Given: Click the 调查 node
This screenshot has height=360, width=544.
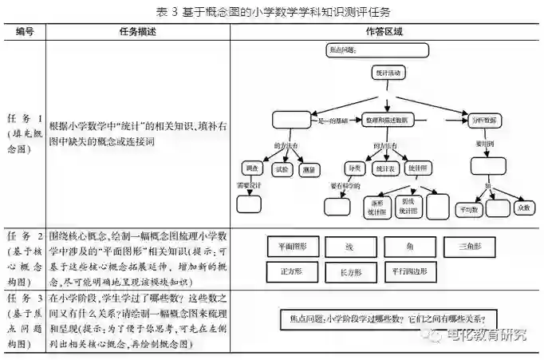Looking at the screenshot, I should [x=252, y=168].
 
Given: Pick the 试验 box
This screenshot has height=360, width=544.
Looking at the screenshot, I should [x=282, y=168].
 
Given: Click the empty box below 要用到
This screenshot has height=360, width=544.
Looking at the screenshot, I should [x=488, y=165].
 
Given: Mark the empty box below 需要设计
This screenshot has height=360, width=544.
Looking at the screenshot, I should [x=249, y=203].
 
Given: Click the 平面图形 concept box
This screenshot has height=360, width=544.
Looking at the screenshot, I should [x=292, y=247].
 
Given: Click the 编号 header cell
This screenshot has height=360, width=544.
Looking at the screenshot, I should [x=24, y=32].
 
